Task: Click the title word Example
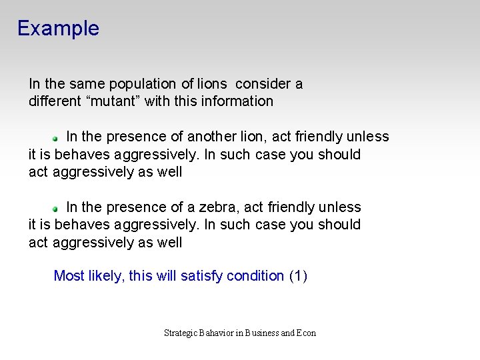click(x=58, y=29)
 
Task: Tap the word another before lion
click(x=211, y=137)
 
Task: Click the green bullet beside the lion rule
click(x=57, y=138)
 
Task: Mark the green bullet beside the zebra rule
click(x=57, y=209)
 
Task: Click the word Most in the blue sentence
click(x=68, y=276)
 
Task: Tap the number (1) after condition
click(x=298, y=276)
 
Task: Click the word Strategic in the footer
click(x=181, y=333)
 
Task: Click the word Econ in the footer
click(x=307, y=333)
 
